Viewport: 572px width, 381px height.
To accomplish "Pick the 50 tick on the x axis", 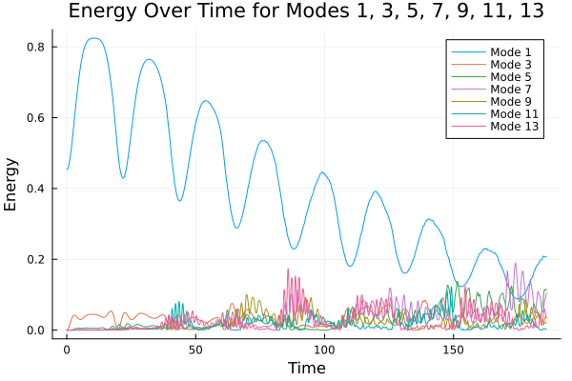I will click(195, 350).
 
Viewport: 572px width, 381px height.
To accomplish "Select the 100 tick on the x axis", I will click(324, 350).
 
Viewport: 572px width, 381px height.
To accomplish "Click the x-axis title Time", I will click(307, 368).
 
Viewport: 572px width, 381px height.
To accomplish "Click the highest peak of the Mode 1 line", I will click(92, 38).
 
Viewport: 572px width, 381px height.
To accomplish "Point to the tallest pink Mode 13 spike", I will click(288, 270).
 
